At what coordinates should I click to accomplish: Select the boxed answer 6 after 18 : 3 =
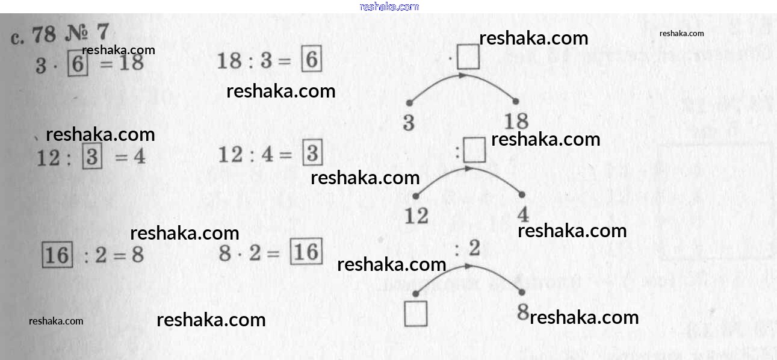pos(311,60)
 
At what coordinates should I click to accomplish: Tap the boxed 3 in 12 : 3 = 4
pos(91,158)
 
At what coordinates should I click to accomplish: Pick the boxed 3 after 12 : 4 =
pos(312,154)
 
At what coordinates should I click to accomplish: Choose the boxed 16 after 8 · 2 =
pos(306,251)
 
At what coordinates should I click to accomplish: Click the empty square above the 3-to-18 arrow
pos(468,58)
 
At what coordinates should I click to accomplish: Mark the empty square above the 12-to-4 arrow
pos(474,151)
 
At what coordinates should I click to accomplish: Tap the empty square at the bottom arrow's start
pos(415,314)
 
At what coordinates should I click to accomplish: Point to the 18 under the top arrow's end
pos(516,121)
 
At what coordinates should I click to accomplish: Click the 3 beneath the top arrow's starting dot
pos(409,123)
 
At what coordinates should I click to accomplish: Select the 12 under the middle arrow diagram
pos(416,216)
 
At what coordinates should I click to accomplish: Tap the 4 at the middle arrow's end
pos(522,215)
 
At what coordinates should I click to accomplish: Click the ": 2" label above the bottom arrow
pos(468,248)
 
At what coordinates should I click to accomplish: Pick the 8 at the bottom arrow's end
pos(522,312)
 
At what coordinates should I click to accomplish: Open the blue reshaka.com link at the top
pos(389,7)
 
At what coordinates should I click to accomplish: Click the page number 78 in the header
pos(44,35)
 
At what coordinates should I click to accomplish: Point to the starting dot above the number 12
pos(416,196)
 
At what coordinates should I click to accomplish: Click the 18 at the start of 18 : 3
pos(229,61)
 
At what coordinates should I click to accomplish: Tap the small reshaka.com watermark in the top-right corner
pos(681,34)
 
